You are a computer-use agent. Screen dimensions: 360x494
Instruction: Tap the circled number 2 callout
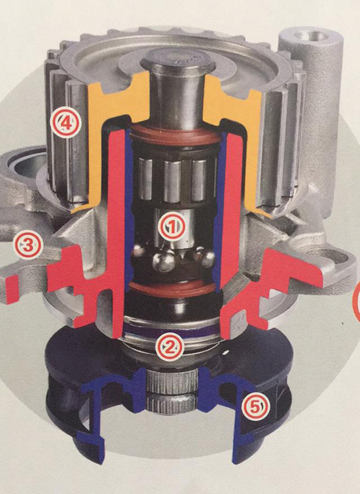[170, 346]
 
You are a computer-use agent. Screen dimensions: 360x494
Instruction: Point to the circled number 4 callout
[67, 122]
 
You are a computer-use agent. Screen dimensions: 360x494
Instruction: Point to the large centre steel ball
[164, 260]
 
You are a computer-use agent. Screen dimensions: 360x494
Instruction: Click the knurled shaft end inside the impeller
[172, 391]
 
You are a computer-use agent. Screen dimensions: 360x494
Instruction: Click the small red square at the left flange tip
[12, 289]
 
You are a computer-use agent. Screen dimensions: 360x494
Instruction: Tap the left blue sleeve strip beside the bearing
[128, 208]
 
